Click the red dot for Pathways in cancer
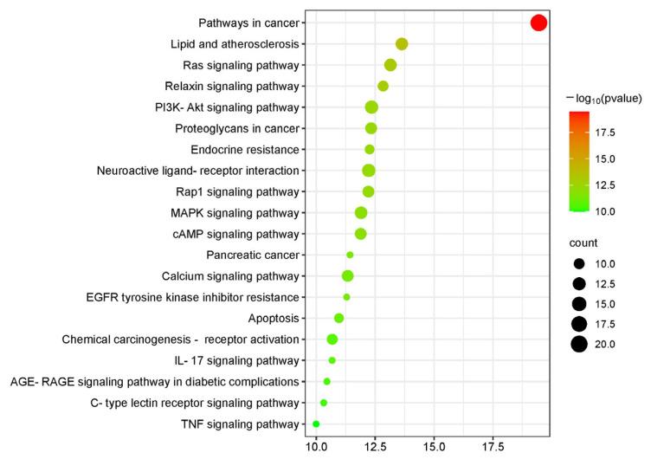pos(538,23)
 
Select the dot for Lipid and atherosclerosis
pos(402,44)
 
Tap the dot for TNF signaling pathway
pos(316,423)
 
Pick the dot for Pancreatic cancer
pos(350,255)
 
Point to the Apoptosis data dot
pos(339,318)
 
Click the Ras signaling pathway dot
pos(390,65)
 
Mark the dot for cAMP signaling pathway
pos(361,234)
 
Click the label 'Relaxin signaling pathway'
pos(232,86)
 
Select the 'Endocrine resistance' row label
pos(245,149)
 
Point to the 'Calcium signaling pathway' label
pos(230,276)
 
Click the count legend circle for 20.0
pos(579,344)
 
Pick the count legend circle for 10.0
pos(579,263)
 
